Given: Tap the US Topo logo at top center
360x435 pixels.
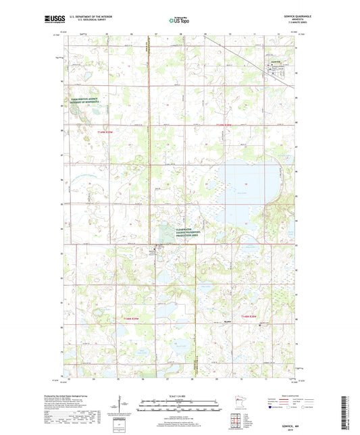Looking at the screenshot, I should pyautogui.click(x=179, y=20).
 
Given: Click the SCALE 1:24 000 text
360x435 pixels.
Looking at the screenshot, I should pyautogui.click(x=180, y=395).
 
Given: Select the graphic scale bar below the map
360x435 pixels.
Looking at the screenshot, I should pyautogui.click(x=180, y=405).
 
